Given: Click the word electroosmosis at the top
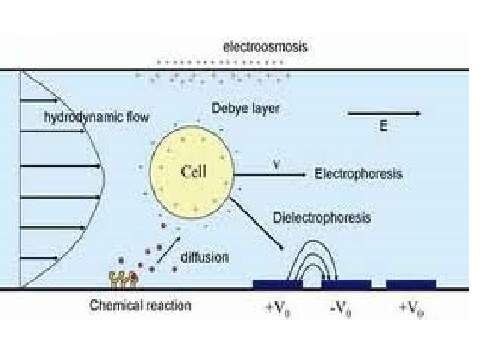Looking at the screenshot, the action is [x=265, y=47].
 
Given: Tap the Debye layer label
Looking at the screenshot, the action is [x=246, y=108].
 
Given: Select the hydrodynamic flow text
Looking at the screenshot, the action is [x=97, y=117].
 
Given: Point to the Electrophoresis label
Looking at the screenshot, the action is [x=358, y=174].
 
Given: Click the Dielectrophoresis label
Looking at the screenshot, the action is [x=322, y=217].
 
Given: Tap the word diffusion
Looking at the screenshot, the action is [x=205, y=257].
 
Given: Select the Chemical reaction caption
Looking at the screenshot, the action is [x=141, y=306].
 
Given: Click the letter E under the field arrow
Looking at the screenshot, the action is [x=383, y=126].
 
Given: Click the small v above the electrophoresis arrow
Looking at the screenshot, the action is [x=276, y=162].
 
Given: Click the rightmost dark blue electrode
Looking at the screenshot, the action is [x=411, y=285].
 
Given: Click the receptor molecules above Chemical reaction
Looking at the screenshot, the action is [x=125, y=278].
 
